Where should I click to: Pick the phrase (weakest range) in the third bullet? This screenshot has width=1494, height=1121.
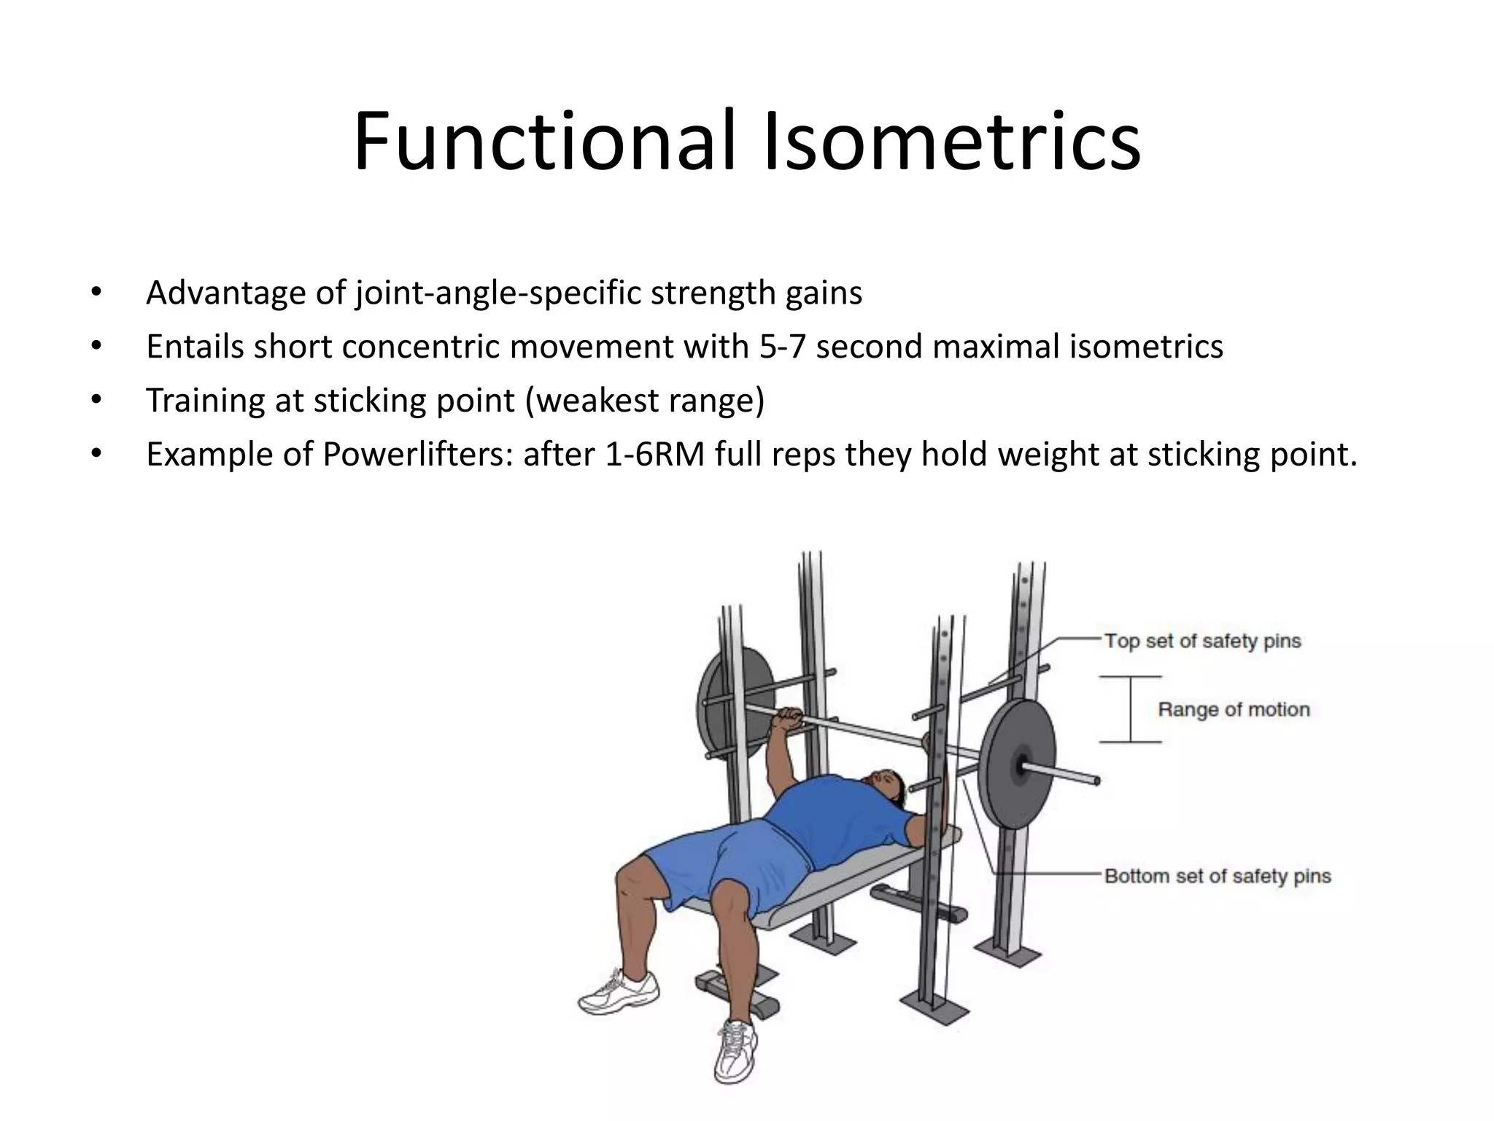click(x=645, y=400)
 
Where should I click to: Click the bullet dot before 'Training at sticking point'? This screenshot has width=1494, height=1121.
click(x=96, y=400)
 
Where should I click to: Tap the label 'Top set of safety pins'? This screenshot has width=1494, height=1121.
click(x=1201, y=641)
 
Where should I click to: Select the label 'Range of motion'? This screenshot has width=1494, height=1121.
click(x=1234, y=709)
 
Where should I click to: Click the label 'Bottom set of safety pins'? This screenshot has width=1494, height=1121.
click(x=1217, y=876)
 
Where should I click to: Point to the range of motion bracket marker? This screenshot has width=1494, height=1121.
click(x=1131, y=709)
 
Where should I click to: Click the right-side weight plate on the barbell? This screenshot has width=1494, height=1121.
click(x=1017, y=765)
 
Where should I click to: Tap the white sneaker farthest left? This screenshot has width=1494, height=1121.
click(x=619, y=992)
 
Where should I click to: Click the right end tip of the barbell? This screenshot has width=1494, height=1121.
click(x=1096, y=781)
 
